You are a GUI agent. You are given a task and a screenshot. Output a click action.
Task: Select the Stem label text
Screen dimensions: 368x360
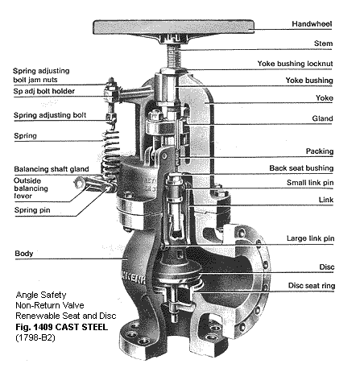[343, 43]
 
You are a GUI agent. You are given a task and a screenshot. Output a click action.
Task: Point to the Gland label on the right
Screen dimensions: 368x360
[341, 118]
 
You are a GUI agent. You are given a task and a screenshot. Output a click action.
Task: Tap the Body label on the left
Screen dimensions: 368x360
[24, 254]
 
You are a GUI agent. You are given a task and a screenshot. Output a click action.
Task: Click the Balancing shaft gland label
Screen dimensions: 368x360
[48, 169]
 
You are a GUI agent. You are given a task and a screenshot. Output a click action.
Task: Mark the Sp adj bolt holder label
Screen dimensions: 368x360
[48, 93]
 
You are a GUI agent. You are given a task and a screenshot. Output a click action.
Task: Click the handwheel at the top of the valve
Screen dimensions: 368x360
[169, 26]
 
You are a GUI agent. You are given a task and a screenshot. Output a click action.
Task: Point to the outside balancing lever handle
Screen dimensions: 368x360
[85, 190]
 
